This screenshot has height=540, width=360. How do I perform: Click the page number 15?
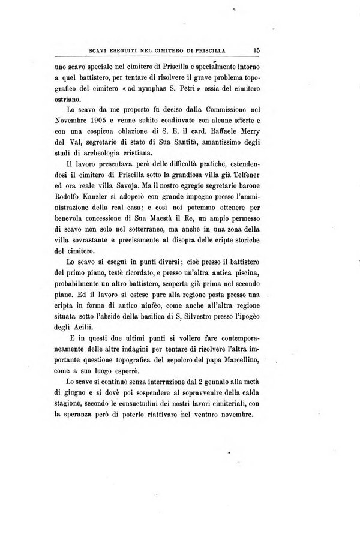[x=256, y=51]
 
